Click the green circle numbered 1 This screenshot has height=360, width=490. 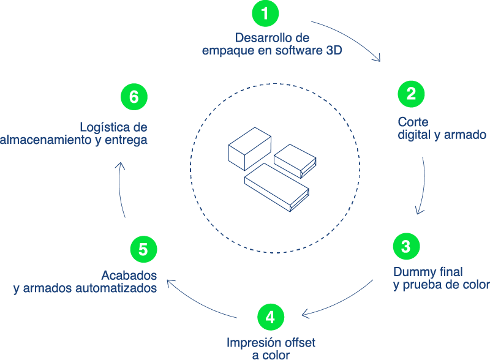pyautogui.click(x=265, y=14)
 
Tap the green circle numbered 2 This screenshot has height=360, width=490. pyautogui.click(x=411, y=94)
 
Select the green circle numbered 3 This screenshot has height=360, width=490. pyautogui.click(x=405, y=247)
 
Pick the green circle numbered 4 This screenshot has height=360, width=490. pyautogui.click(x=271, y=317)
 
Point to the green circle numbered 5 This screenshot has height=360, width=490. pyautogui.click(x=143, y=249)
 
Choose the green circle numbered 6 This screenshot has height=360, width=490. pyautogui.click(x=134, y=97)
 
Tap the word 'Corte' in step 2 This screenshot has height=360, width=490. pyautogui.click(x=413, y=121)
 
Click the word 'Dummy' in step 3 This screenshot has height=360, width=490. pyautogui.click(x=413, y=272)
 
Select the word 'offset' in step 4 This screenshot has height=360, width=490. pyautogui.click(x=298, y=342)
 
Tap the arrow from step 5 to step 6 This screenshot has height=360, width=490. pyautogui.click(x=119, y=189)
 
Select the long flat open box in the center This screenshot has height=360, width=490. pyautogui.click(x=277, y=187)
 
